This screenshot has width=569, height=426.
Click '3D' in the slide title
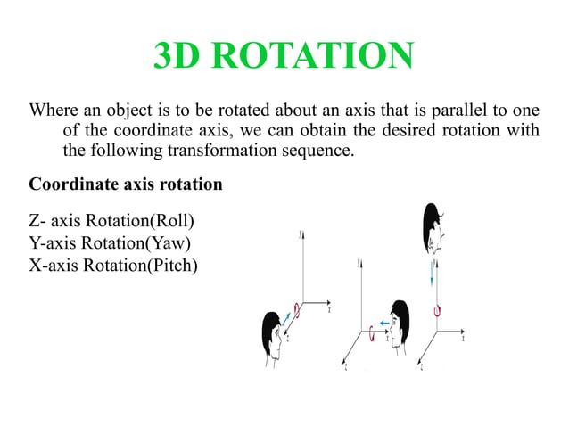181,57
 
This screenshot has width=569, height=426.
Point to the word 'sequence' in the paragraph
321,151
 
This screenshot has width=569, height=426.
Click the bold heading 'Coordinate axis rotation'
126,185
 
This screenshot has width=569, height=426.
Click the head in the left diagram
272,330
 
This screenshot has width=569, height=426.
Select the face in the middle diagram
398,322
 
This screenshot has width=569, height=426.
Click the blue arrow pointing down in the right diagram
433,274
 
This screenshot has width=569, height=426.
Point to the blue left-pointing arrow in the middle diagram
383,323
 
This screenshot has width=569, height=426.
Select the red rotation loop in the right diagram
436,309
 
